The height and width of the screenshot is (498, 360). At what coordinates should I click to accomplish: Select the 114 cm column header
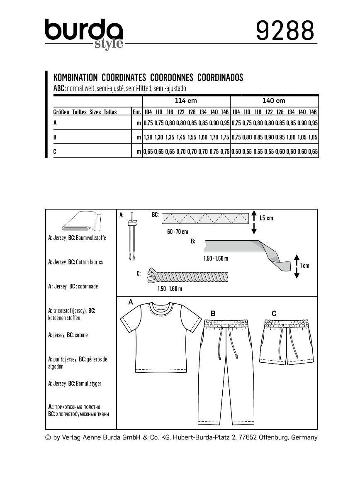[186, 101]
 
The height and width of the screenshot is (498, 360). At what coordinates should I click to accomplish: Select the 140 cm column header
[274, 101]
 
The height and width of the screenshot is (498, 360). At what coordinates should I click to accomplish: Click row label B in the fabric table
[55, 137]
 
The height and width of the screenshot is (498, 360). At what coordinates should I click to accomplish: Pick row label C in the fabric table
[55, 152]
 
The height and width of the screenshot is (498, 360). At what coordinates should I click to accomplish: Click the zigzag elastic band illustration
[205, 217]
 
